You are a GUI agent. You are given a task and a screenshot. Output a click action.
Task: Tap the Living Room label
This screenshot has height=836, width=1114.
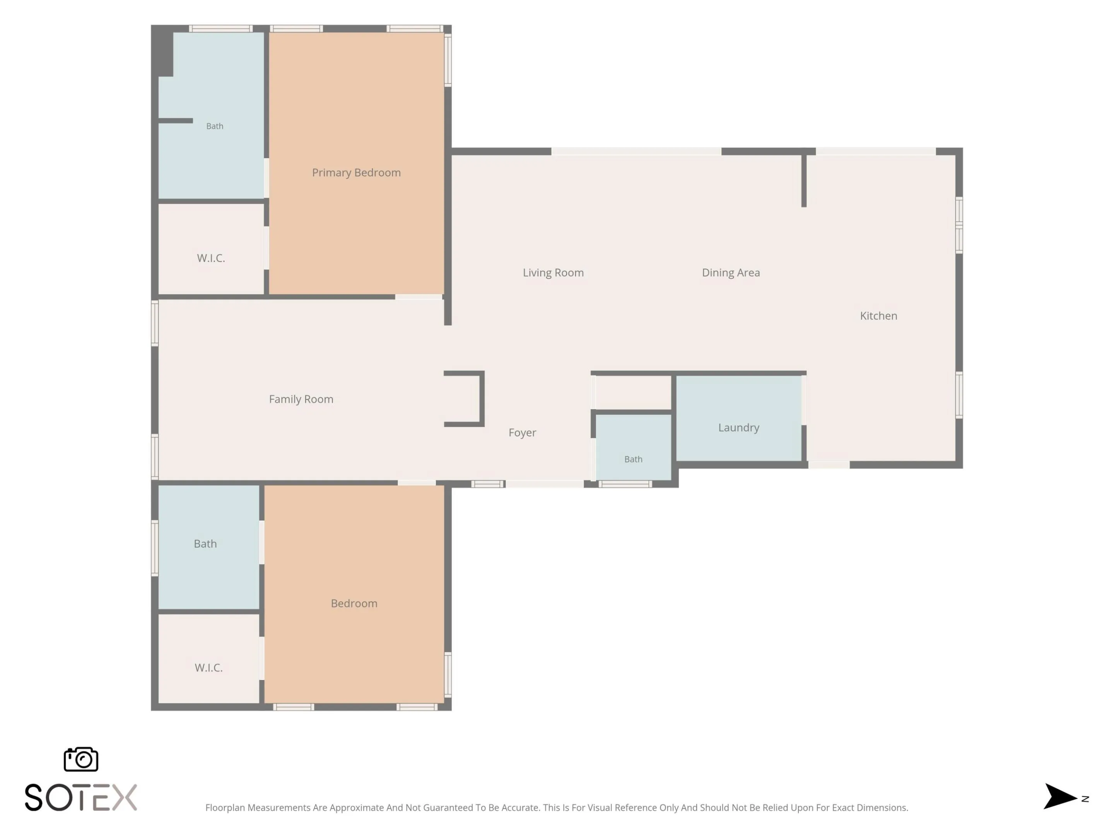click(x=553, y=272)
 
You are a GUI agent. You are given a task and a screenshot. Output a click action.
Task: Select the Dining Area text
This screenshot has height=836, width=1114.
click(x=731, y=272)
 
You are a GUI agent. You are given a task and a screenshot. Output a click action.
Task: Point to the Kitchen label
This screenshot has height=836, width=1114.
click(x=878, y=316)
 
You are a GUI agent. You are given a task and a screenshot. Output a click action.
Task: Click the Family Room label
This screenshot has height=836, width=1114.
click(x=301, y=399)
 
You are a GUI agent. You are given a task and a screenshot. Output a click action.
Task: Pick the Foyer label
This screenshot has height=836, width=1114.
click(x=522, y=433)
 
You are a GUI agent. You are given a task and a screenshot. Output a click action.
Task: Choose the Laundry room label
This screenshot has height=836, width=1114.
click(x=738, y=428)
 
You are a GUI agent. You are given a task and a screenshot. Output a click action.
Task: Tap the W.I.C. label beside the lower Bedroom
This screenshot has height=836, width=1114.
click(x=208, y=668)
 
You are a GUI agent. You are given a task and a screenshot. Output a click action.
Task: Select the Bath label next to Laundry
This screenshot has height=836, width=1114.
click(x=633, y=459)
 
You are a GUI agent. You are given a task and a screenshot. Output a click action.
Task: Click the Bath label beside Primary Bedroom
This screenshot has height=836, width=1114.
click(x=215, y=126)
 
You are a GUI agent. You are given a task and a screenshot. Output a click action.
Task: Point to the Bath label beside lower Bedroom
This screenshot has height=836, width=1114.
click(x=205, y=544)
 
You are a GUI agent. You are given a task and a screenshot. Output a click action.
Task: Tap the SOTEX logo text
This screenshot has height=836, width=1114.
click(x=80, y=797)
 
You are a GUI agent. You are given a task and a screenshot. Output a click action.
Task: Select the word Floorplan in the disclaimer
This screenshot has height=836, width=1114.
click(x=225, y=808)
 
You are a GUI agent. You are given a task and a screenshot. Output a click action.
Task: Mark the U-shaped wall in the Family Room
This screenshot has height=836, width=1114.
click(x=482, y=399)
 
